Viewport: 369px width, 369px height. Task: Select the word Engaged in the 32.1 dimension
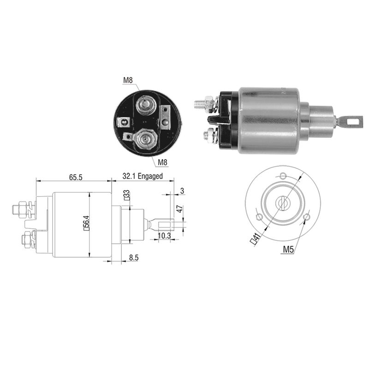150,176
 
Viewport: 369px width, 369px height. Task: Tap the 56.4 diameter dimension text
87,225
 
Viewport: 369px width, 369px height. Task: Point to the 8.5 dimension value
133,258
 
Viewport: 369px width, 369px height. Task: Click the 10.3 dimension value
164,236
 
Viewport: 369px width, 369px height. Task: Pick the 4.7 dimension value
179,209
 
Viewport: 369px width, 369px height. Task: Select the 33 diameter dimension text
126,195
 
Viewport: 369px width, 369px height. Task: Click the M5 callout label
288,249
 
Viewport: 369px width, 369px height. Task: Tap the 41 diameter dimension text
255,239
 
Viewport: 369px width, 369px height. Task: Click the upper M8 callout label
128,80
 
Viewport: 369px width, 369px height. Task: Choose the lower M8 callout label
162,162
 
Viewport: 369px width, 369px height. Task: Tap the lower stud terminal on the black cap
146,140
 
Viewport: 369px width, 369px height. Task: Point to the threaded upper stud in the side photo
200,102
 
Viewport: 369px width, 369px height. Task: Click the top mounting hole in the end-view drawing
283,176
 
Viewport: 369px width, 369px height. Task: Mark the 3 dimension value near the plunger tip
182,190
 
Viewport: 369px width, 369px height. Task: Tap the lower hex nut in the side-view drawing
26,240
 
